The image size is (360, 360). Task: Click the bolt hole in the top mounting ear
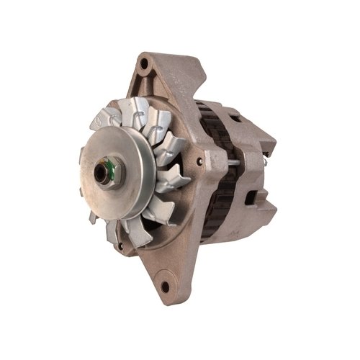click(x=146, y=66)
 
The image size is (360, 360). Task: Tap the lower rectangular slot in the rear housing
click(x=253, y=194)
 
